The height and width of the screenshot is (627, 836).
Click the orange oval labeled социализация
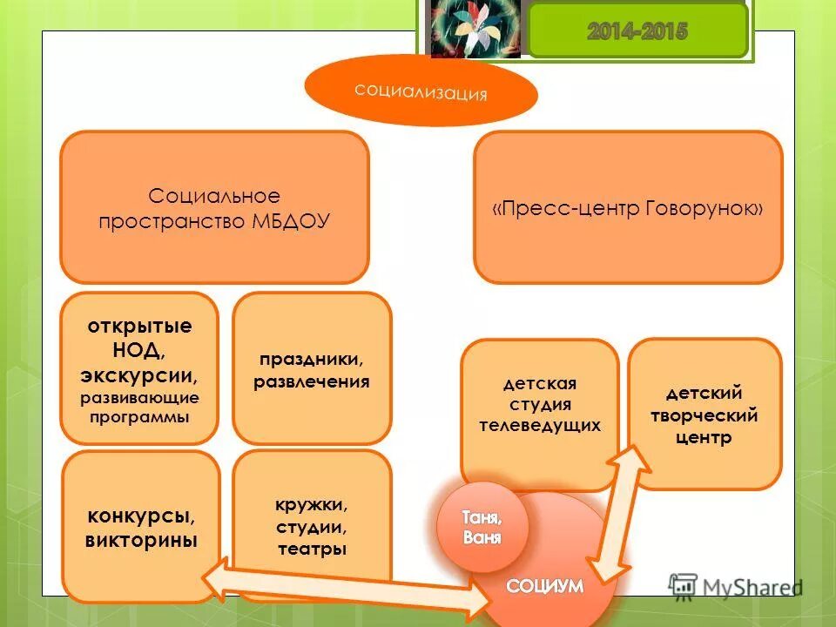[421, 91]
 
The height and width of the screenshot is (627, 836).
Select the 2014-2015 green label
[637, 32]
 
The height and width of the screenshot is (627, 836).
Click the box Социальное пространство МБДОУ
[214, 207]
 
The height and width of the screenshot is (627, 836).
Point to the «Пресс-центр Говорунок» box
[628, 207]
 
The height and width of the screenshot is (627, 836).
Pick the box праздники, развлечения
[312, 369]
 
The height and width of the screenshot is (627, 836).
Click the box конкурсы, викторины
[141, 527]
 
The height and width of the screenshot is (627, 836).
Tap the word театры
[312, 549]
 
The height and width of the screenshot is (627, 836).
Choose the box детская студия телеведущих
[540, 405]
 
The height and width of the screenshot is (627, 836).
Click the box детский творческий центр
[705, 415]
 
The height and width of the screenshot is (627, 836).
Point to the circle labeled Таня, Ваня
[482, 527]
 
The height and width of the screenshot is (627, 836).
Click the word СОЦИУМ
[545, 586]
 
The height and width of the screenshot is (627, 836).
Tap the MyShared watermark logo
[733, 585]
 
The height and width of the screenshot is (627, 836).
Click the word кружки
[312, 505]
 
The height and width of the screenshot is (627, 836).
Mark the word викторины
[141, 540]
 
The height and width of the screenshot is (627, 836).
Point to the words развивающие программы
[139, 408]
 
